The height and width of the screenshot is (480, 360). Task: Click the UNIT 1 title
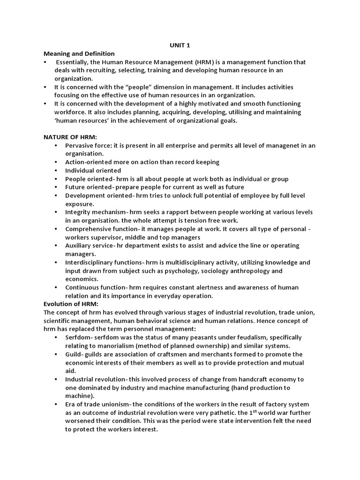(180, 45)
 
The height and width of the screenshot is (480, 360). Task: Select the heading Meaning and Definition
(79, 54)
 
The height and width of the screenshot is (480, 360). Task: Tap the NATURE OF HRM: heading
(70, 137)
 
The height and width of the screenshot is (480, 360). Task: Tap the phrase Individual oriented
(93, 171)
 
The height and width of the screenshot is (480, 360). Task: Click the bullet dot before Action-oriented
(56, 162)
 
